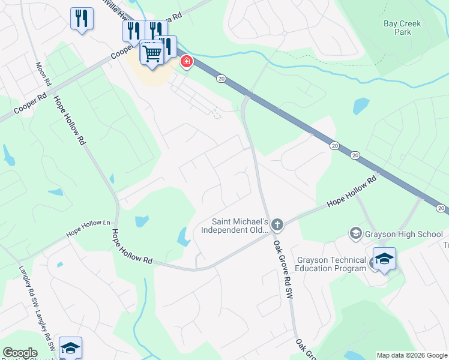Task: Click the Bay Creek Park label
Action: [x=402, y=28]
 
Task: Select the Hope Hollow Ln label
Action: [x=89, y=227]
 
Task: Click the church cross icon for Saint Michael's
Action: [x=277, y=225]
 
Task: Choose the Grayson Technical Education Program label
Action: [x=331, y=264]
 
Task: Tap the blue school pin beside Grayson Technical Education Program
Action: [x=384, y=259]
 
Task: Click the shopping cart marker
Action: [x=152, y=53]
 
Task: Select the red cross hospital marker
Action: [x=187, y=62]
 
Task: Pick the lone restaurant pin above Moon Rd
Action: [x=82, y=18]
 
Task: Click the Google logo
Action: [x=20, y=353]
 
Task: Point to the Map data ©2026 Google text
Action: [x=412, y=355]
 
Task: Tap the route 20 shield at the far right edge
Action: [x=441, y=208]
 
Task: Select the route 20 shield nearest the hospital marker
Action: [x=221, y=79]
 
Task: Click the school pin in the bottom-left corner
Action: [x=70, y=348]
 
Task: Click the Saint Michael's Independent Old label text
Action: [x=233, y=226]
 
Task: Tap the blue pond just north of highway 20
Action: [x=361, y=106]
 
